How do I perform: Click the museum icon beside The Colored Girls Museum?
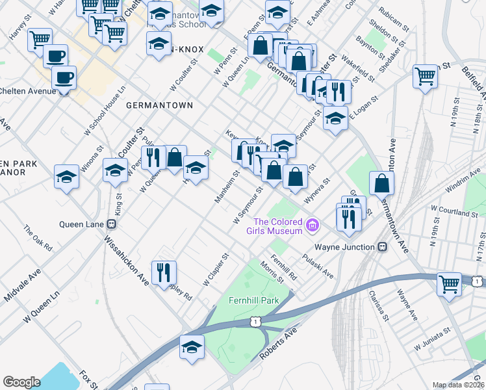tap(313, 226)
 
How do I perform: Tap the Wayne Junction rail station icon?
tap(383, 247)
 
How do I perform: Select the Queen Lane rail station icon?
tap(111, 224)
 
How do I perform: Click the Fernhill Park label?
tap(253, 300)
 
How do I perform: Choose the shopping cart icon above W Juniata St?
tap(449, 284)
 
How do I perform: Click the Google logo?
tap(21, 382)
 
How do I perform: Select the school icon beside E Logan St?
tap(335, 119)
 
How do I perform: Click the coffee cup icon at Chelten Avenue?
tap(64, 79)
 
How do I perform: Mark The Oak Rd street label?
tap(38, 238)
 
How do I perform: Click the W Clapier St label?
tap(216, 270)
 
